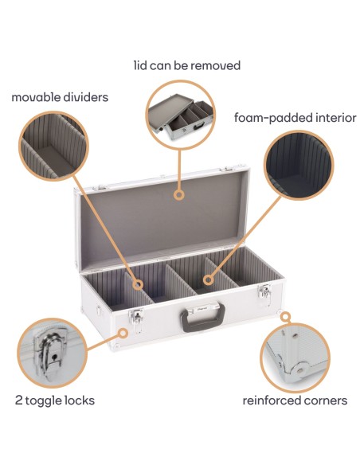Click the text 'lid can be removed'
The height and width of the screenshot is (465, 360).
(x=186, y=65)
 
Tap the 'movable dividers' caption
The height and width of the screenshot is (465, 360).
(x=60, y=97)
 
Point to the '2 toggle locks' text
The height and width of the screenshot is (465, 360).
(x=54, y=400)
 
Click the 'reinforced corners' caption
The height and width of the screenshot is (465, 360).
(x=295, y=400)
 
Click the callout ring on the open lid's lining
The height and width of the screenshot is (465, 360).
(x=180, y=193)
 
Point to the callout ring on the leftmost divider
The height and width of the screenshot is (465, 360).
(x=137, y=283)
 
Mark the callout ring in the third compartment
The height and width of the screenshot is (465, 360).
(x=208, y=280)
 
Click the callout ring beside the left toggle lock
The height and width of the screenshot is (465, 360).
(x=123, y=334)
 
